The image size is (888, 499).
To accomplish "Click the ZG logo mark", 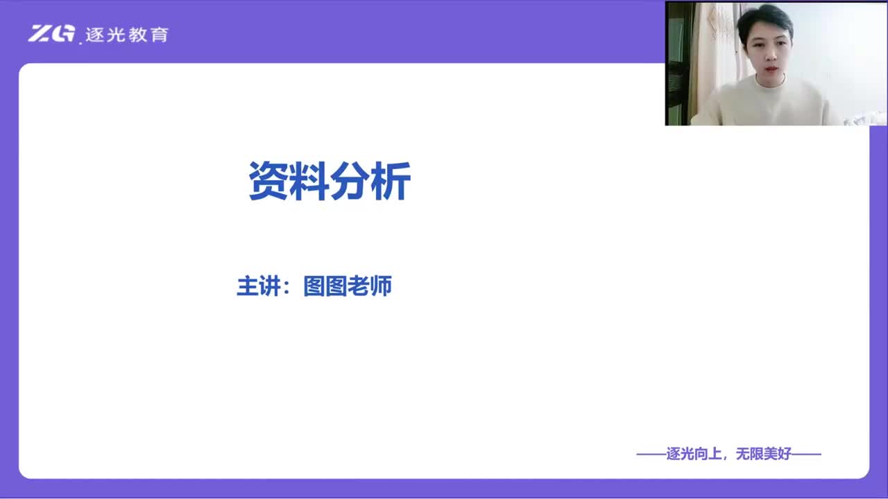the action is click(51, 33).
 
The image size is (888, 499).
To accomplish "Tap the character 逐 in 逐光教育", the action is click(95, 35).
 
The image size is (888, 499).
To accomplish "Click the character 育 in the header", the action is click(160, 35).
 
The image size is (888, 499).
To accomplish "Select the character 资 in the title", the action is click(268, 181).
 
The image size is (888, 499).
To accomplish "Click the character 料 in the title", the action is click(309, 181).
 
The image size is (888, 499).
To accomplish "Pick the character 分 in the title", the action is click(350, 181).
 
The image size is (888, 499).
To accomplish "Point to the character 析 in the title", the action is click(391, 181).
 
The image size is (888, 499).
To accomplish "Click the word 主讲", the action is click(259, 286).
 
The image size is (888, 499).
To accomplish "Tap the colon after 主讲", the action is click(287, 287).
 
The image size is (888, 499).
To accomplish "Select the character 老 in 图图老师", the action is click(359, 286).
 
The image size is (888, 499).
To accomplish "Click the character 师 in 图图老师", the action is click(381, 286).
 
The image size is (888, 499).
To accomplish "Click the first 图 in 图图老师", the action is click(314, 286).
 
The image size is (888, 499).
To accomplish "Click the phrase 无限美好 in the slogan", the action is click(764, 454).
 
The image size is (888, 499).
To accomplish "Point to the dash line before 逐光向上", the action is click(651, 454).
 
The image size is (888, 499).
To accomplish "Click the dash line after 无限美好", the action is click(806, 454).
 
